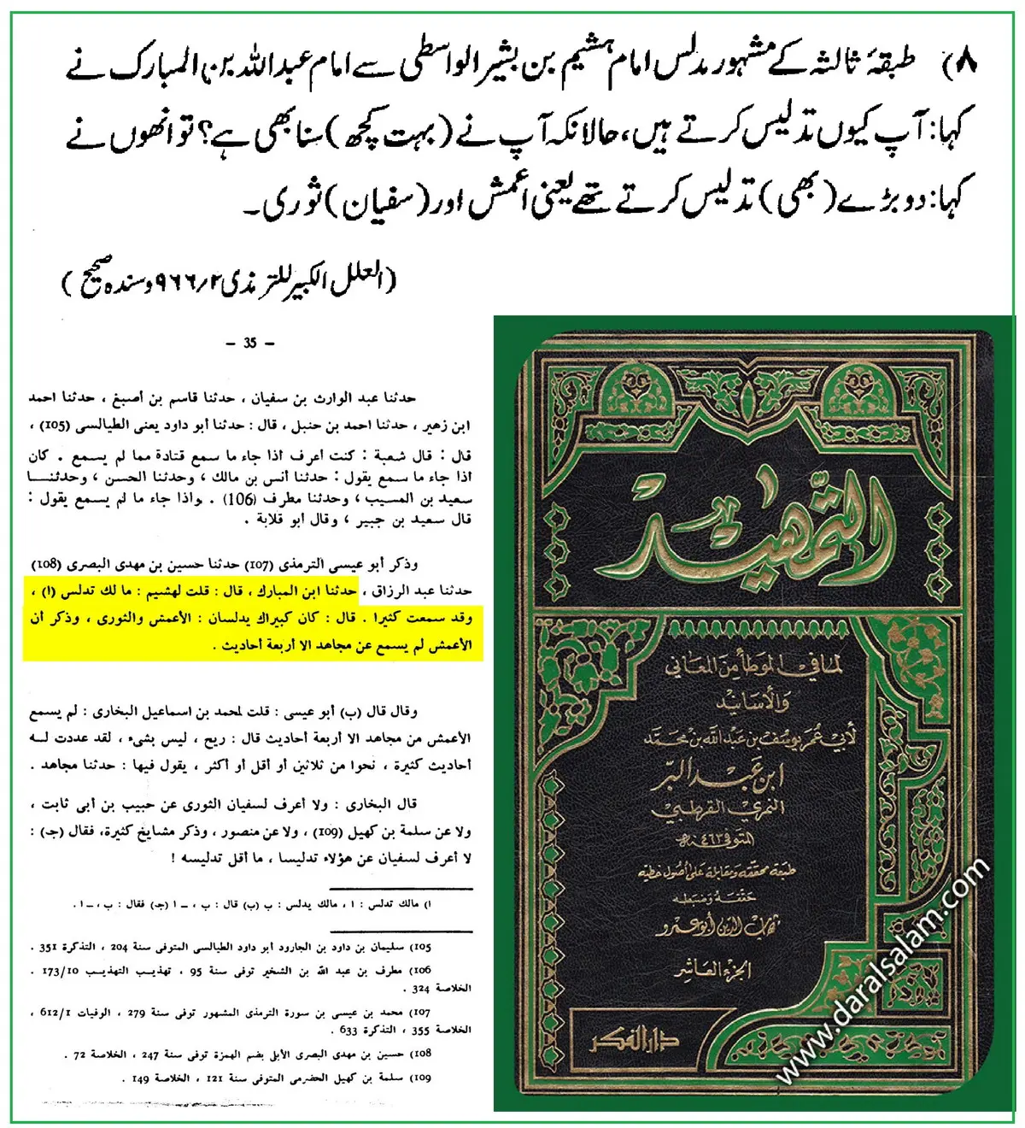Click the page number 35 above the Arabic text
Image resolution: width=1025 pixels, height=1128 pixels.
click(249, 344)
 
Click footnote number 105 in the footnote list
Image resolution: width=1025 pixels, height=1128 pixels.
click(421, 948)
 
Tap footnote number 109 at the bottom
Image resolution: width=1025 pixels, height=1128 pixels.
click(421, 1078)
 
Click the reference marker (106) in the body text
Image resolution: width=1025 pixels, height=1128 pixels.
click(237, 498)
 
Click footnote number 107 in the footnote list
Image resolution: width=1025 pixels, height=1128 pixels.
click(421, 1013)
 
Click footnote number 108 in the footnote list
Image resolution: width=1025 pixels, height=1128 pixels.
click(421, 1055)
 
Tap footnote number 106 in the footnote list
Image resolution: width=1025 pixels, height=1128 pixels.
click(421, 971)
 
